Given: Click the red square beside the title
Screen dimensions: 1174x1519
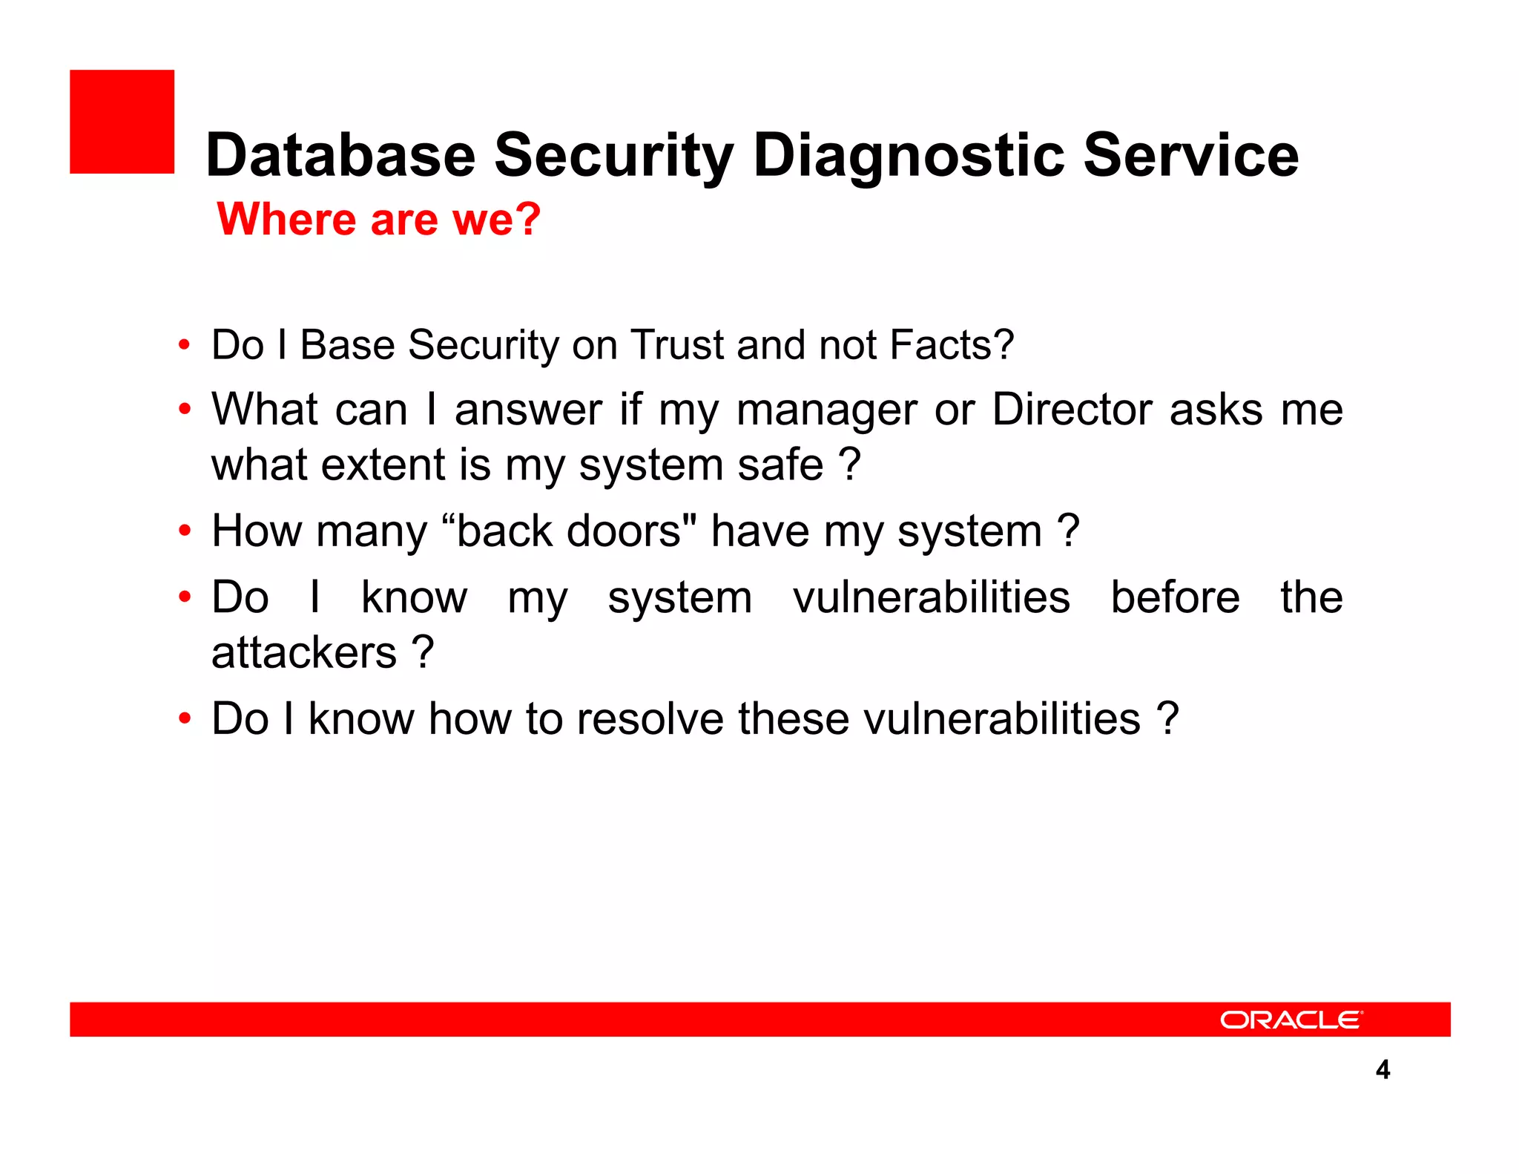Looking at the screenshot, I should tap(122, 122).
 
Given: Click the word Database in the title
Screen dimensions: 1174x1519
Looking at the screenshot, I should tap(340, 155).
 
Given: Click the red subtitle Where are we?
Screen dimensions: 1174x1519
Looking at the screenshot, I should tap(378, 220).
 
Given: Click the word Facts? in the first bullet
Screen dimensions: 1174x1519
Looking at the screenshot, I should tap(951, 345).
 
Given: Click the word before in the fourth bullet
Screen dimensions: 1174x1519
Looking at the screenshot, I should tap(1175, 597).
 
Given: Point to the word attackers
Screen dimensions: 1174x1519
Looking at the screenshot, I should tap(304, 653).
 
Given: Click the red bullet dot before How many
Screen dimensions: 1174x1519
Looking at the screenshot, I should tap(185, 531).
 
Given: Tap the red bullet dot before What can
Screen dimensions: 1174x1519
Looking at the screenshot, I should tap(185, 410).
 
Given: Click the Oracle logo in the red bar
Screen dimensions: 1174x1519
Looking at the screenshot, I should tap(1291, 1020).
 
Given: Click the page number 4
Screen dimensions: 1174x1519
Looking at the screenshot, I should tap(1383, 1069).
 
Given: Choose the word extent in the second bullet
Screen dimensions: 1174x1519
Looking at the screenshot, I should tap(382, 465).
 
